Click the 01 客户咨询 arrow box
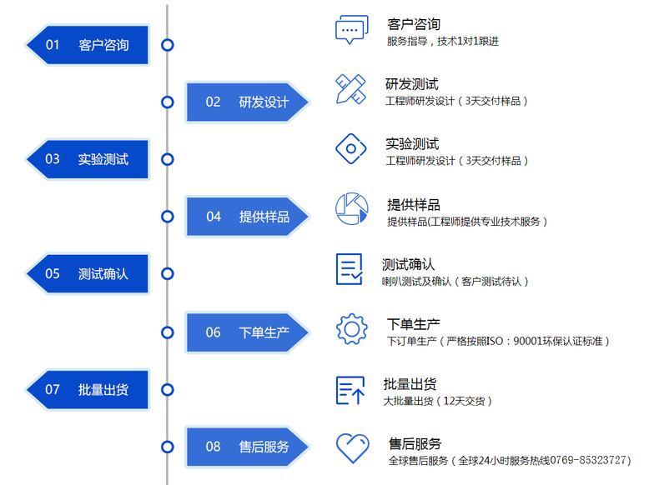click(90, 45)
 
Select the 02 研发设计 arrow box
click(245, 102)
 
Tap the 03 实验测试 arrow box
click(90, 159)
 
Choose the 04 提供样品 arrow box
click(245, 217)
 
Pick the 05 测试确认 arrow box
click(90, 273)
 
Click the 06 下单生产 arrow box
click(245, 332)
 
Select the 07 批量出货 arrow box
click(90, 389)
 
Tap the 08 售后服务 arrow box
click(245, 447)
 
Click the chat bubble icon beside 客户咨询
click(351, 30)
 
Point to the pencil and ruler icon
click(351, 89)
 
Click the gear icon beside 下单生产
click(351, 328)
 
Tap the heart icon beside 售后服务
click(351, 448)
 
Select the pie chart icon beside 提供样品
click(351, 209)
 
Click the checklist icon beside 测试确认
click(350, 269)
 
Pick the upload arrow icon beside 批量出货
click(350, 390)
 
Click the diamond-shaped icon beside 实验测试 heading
click(351, 149)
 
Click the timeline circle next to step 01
click(168, 45)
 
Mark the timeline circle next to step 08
click(168, 447)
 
